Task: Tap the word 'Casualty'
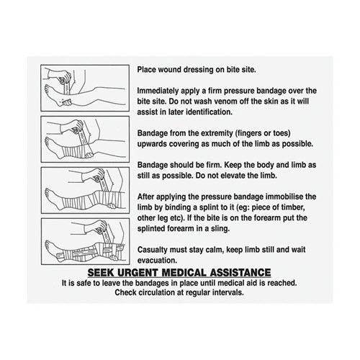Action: click(x=156, y=251)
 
